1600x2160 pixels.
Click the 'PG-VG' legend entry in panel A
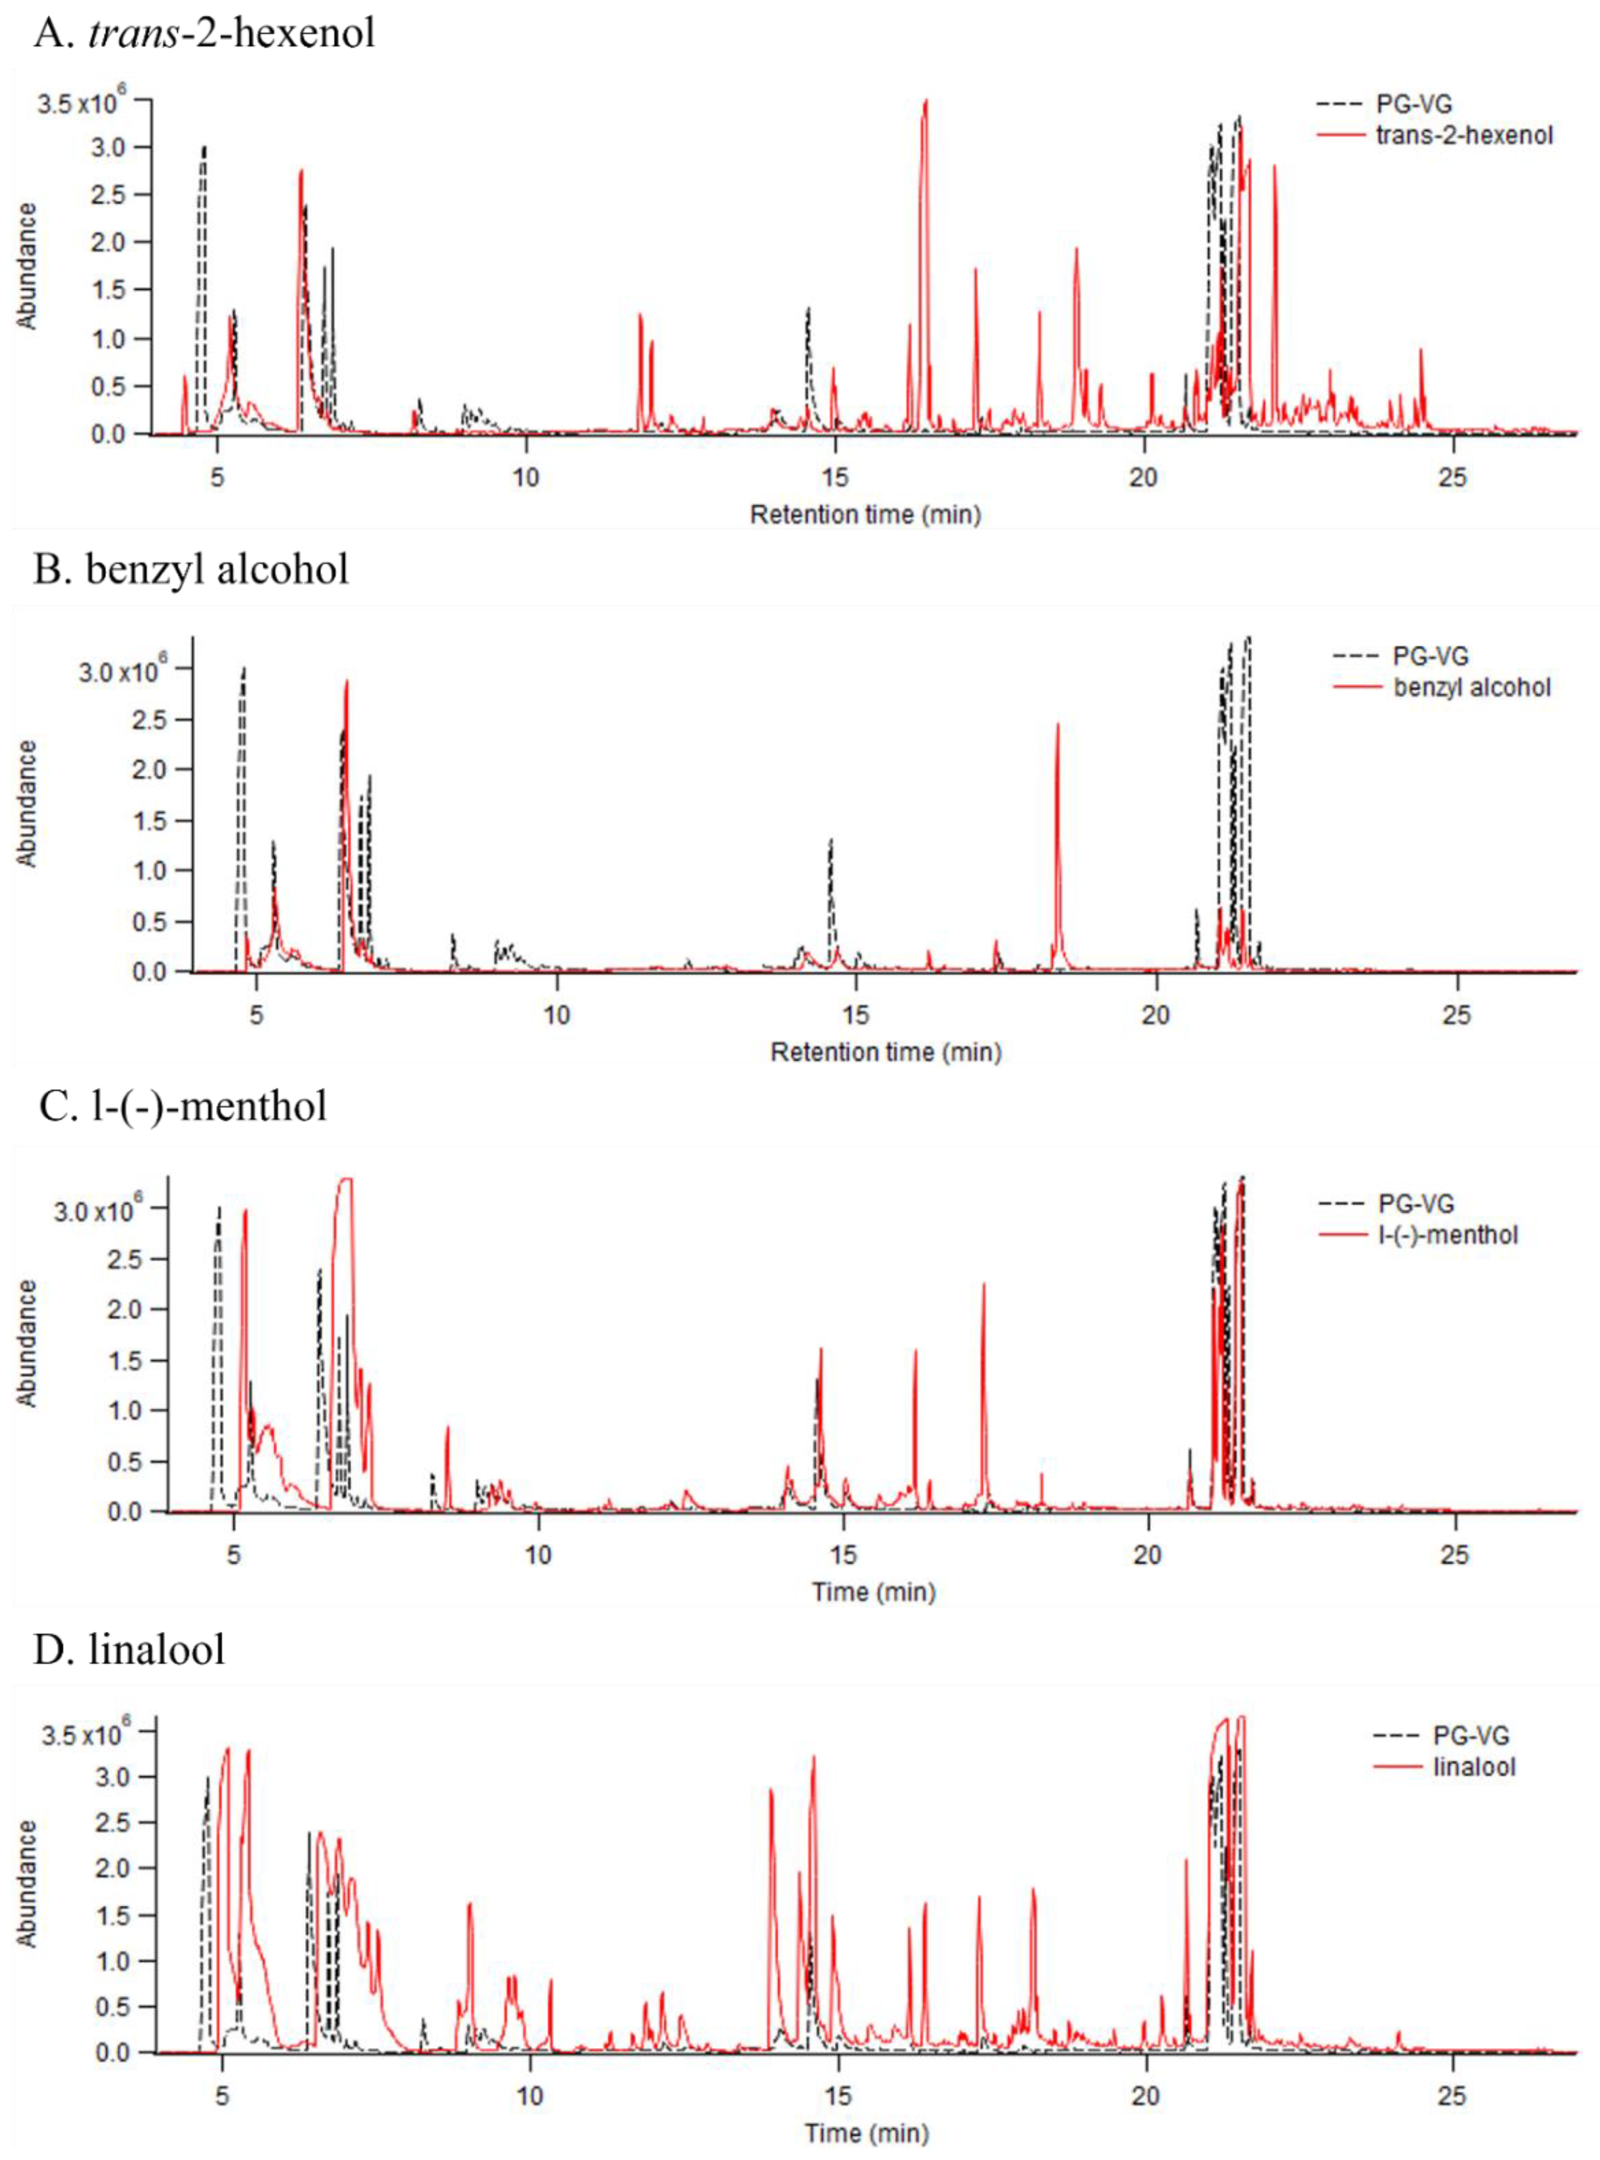pyautogui.click(x=1414, y=104)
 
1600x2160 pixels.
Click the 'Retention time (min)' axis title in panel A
pyautogui.click(x=865, y=514)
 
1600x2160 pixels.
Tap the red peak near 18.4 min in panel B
pyautogui.click(x=1058, y=724)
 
